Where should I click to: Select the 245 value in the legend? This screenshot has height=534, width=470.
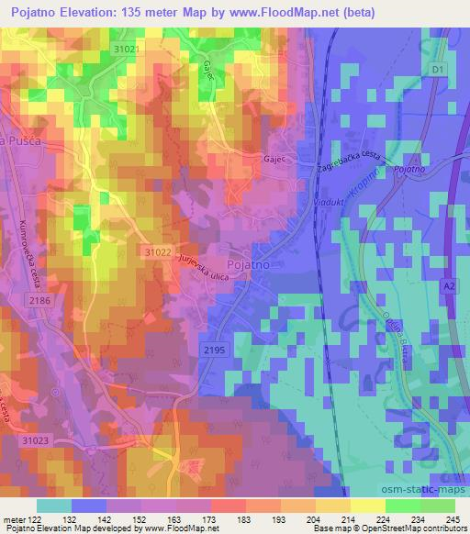[x=451, y=520]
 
